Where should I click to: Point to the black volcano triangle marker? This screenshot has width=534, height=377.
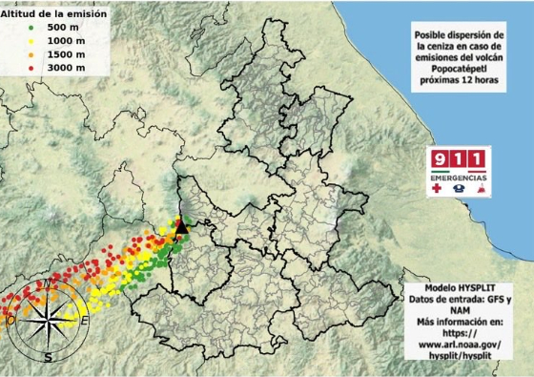click(x=182, y=227)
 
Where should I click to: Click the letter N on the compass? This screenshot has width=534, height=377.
click(x=47, y=283)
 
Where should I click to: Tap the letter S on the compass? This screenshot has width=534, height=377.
click(x=48, y=357)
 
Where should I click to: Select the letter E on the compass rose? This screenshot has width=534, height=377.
click(x=84, y=320)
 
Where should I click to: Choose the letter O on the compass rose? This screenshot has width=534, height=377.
click(x=10, y=321)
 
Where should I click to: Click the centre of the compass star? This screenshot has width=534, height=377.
click(x=48, y=321)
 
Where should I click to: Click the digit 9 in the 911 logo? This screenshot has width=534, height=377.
click(x=441, y=159)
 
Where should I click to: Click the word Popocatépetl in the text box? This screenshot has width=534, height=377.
click(x=462, y=70)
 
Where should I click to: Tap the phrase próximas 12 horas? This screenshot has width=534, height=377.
click(x=462, y=82)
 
